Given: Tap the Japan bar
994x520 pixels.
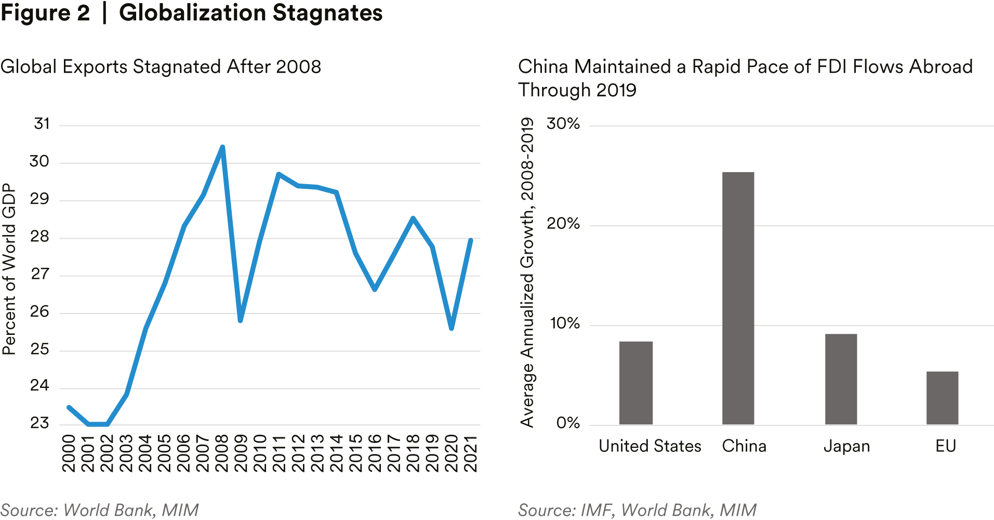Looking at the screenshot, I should pos(841,379).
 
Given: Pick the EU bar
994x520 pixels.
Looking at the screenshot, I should pos(942,398).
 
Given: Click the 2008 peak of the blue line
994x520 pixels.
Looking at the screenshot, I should pos(222,147).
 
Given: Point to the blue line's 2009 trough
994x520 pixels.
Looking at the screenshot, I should pos(240,320).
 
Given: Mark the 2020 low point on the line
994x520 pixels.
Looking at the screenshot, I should pos(452,328).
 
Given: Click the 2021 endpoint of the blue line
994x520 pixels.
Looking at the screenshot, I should pos(470,240).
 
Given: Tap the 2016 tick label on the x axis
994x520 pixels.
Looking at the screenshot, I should pos(375,453).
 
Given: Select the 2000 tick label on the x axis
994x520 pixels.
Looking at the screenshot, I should pos(69,453).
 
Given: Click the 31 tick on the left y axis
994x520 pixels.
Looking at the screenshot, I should pos(42,124).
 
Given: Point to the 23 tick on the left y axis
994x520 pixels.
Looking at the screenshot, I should pos(39,423).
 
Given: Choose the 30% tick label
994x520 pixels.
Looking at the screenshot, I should pos(563,124).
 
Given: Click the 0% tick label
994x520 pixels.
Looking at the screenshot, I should pos(567,423).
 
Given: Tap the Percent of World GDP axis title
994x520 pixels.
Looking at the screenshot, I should pos(9,269).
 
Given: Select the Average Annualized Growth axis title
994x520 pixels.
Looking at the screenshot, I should pos(527,272).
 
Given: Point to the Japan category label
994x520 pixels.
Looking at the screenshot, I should pos(846,446).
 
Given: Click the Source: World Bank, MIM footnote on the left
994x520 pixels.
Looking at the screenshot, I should pos(100,510).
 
